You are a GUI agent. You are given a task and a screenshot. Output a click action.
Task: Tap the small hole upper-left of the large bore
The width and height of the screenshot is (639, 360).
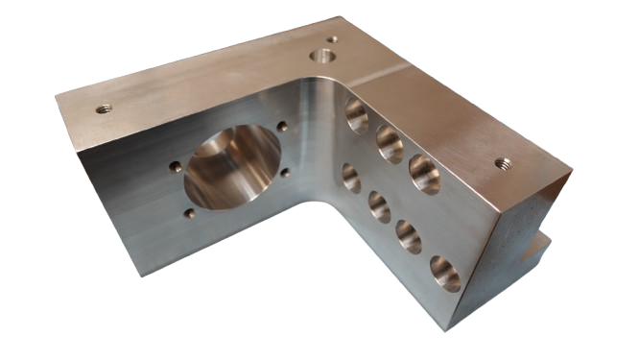174,165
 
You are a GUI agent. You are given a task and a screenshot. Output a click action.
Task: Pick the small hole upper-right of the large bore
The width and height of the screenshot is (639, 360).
281,124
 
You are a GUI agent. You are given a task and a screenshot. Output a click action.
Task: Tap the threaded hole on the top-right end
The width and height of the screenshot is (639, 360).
501,163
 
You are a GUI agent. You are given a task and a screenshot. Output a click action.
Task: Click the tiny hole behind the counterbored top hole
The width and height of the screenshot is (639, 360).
332,39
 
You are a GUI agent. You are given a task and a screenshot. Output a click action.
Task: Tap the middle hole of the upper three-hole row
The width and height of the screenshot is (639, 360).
389,143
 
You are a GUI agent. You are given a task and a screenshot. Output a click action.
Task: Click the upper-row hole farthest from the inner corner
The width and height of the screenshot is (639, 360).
423,173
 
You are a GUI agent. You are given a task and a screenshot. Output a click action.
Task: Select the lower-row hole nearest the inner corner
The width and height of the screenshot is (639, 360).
351,179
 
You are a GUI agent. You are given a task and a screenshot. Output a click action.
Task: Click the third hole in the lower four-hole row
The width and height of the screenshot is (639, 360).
409,236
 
